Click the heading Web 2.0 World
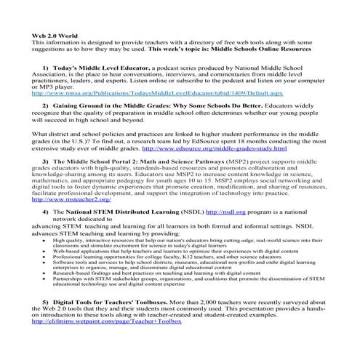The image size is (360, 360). click(x=56, y=36)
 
